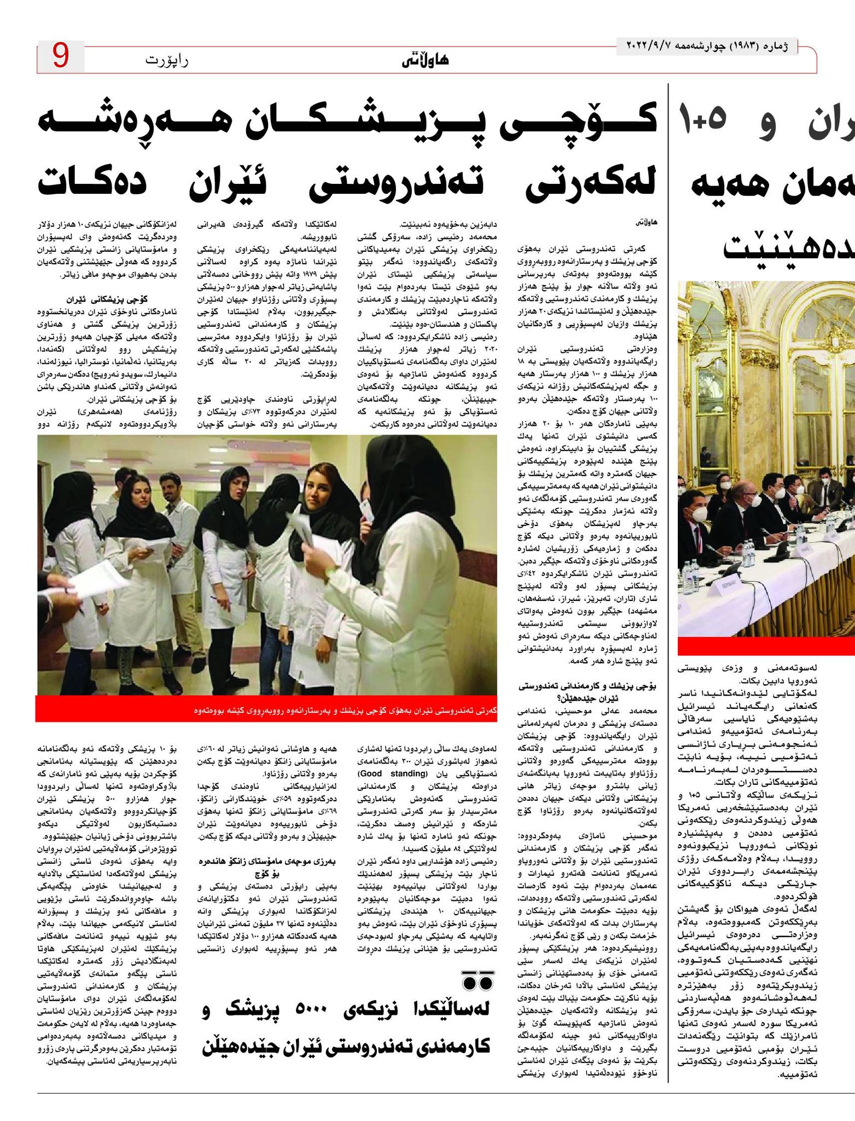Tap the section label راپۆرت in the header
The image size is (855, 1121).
166,59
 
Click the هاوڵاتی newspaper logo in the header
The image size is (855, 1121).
425,60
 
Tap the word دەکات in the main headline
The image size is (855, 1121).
91,183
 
